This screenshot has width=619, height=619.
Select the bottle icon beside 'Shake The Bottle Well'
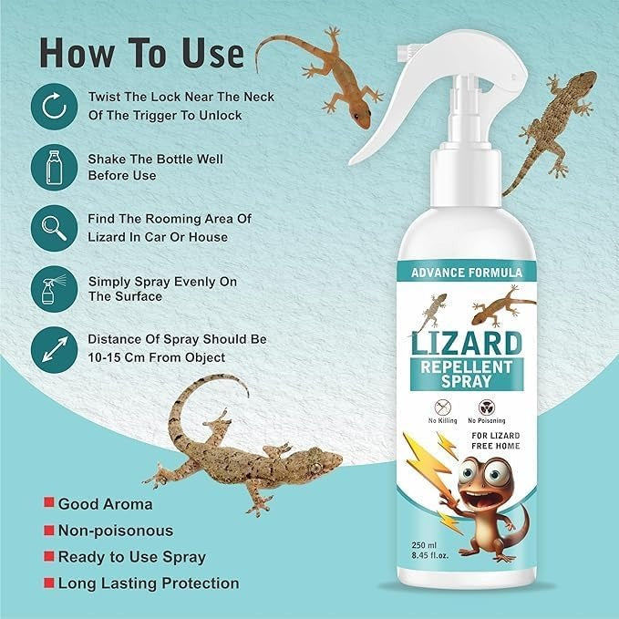click(x=55, y=167)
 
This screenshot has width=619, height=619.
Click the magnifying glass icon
click(x=55, y=227)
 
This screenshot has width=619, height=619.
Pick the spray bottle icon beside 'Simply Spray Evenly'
click(x=55, y=288)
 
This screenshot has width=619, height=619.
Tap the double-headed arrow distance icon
click(x=55, y=348)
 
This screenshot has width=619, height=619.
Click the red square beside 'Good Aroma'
click(x=45, y=503)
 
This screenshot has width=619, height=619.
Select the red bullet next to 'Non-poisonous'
click(x=45, y=530)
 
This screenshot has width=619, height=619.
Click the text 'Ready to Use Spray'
click(x=131, y=556)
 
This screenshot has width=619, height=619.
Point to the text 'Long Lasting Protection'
click(x=148, y=583)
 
